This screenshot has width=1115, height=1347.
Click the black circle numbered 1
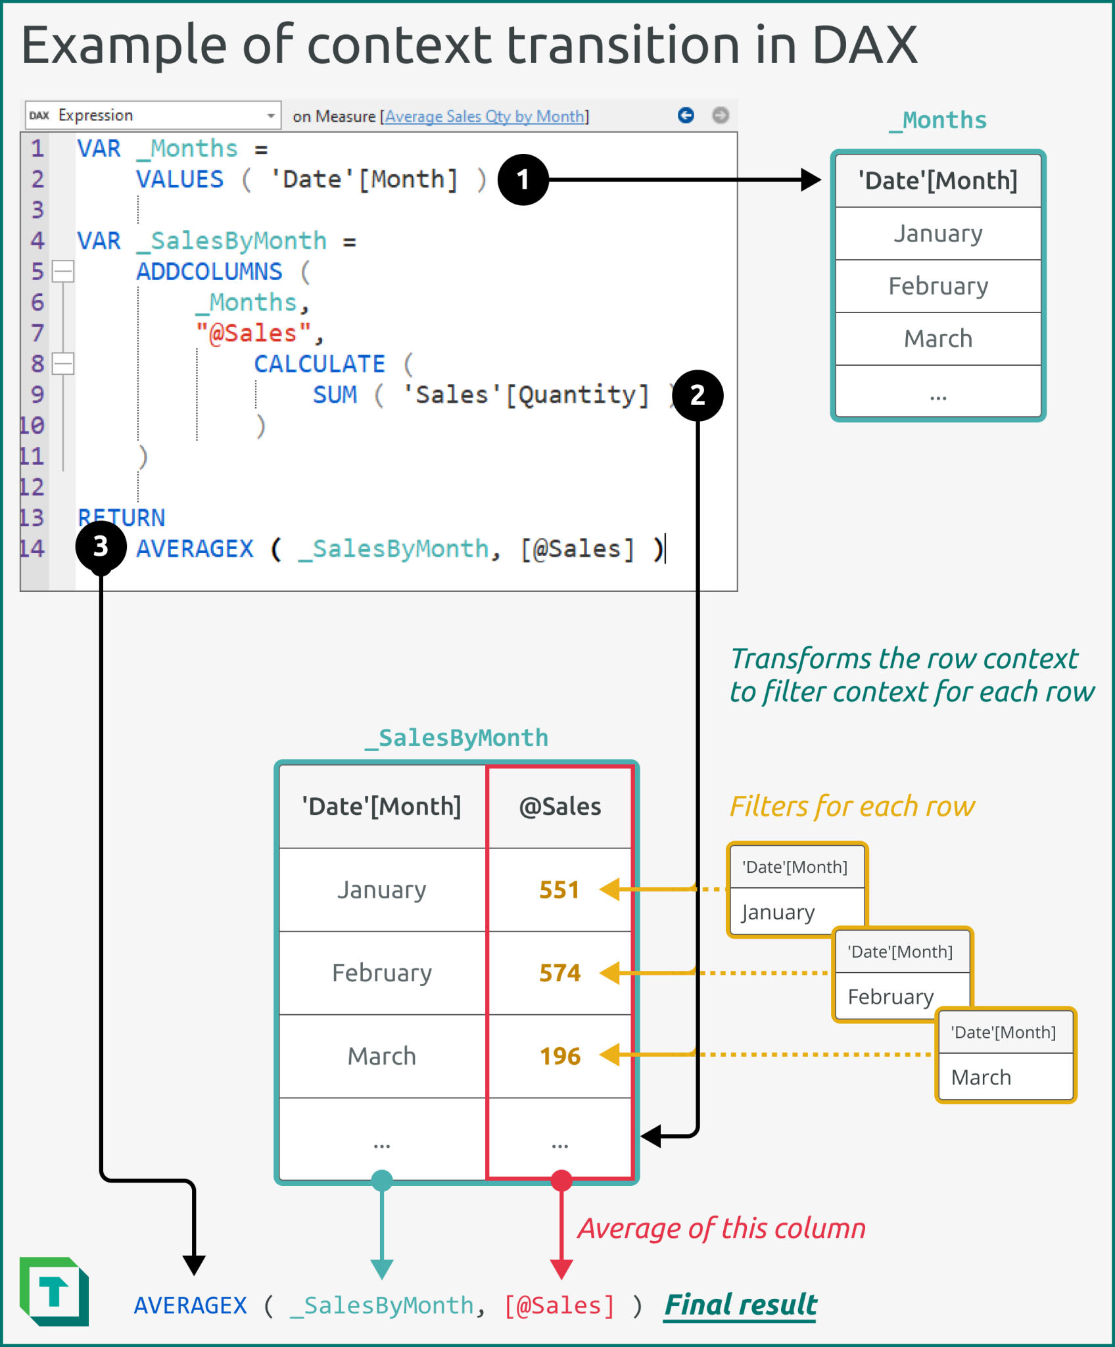click(x=523, y=180)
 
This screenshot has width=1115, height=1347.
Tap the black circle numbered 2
click(x=698, y=395)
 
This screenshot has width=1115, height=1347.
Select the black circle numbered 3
click(x=101, y=546)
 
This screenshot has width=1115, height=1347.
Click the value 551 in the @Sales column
click(x=559, y=890)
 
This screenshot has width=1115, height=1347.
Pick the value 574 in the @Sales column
click(x=559, y=973)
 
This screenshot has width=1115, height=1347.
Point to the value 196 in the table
click(x=559, y=1056)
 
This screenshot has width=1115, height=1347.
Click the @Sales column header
click(x=559, y=806)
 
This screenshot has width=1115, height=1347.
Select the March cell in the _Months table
click(x=937, y=339)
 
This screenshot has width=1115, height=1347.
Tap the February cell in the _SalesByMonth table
click(x=382, y=973)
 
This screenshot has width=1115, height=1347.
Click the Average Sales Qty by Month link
click(x=485, y=116)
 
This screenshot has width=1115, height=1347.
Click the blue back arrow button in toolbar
click(x=686, y=115)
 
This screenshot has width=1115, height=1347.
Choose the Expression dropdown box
click(x=153, y=115)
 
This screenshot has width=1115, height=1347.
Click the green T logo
click(x=55, y=1291)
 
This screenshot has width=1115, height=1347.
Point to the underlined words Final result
click(x=740, y=1305)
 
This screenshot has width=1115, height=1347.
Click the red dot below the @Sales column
click(x=561, y=1181)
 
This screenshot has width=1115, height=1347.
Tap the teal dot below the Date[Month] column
click(x=382, y=1181)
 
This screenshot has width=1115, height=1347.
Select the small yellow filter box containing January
click(x=796, y=889)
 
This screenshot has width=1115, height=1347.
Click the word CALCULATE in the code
click(x=320, y=364)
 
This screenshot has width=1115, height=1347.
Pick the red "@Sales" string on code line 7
click(x=253, y=333)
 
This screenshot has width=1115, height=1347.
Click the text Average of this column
click(x=721, y=1229)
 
